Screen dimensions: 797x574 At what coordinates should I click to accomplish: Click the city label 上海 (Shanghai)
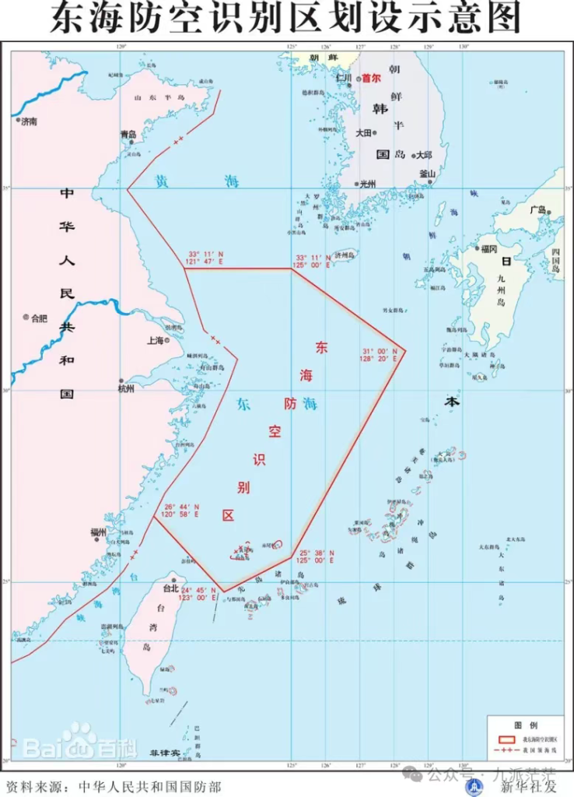click(155, 340)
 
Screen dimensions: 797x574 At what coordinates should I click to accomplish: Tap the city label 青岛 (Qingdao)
click(128, 134)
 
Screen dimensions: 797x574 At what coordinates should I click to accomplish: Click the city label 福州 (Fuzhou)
click(98, 532)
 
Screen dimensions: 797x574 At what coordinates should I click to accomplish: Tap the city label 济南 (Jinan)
click(29, 121)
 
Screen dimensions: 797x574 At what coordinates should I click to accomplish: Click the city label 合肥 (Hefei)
click(39, 318)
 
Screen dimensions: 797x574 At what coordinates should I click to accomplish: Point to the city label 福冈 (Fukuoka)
click(488, 249)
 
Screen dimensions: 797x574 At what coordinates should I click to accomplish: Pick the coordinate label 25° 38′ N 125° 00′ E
click(317, 556)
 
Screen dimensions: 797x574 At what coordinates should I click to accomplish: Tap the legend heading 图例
click(521, 724)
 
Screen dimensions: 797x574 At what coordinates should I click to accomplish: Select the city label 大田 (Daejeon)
click(364, 133)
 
